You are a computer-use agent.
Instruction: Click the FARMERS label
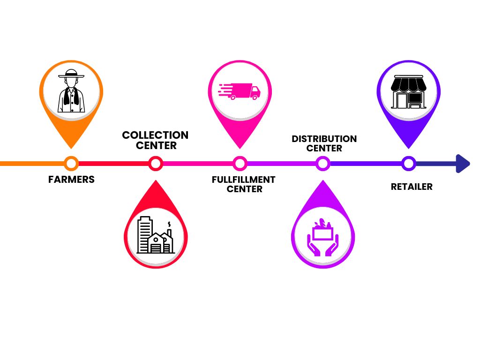[x=71, y=180]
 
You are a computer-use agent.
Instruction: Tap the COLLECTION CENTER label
[x=155, y=140]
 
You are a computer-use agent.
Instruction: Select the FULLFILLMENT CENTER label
[x=244, y=184]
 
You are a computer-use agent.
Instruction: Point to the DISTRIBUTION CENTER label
[x=324, y=143]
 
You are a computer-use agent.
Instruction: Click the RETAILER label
[x=412, y=187]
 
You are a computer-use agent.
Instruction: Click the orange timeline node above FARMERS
[x=71, y=164]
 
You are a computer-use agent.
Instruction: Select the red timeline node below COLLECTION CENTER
[x=155, y=164]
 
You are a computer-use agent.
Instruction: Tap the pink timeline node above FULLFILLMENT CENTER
[x=240, y=164]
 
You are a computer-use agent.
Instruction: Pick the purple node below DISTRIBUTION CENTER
[x=322, y=164]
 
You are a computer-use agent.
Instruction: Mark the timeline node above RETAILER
[x=409, y=164]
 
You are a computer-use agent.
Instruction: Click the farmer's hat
[x=71, y=74]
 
